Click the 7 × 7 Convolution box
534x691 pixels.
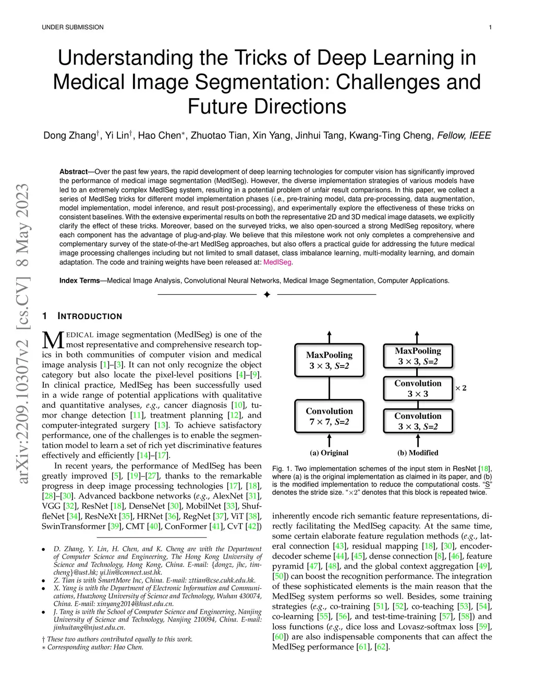329,416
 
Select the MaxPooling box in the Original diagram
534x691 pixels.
329,360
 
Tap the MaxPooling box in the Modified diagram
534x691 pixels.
418,356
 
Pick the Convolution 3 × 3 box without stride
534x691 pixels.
418,389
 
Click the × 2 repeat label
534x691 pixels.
461,388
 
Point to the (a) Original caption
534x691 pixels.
329,453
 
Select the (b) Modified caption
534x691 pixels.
418,453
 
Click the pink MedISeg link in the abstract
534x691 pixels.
277,262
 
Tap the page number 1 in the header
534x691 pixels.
491,27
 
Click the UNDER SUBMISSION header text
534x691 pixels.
72,27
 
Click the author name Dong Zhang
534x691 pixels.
69,136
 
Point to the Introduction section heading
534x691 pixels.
89,316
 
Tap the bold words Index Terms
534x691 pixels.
79,281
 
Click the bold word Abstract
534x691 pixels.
74,172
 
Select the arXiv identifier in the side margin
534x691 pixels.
23,334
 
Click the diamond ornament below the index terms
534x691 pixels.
266,295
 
